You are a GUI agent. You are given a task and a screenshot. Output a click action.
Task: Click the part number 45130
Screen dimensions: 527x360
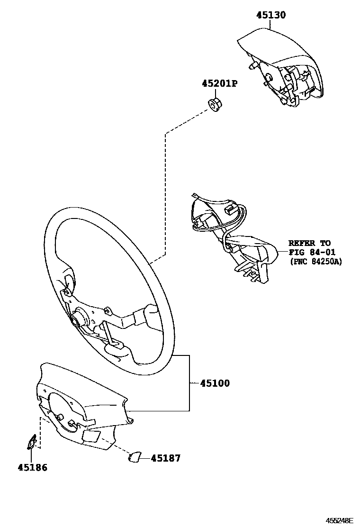point(271,15)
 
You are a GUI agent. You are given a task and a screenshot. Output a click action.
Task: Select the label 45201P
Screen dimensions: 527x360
point(219,83)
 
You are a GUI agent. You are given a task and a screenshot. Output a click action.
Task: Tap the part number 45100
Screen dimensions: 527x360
point(215,383)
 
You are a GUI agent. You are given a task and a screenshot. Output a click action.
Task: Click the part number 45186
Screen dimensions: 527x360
point(33,467)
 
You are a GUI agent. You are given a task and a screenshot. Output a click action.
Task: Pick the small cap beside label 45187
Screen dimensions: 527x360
point(134,457)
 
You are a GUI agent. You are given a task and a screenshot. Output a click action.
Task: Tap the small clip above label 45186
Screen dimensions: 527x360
point(32,442)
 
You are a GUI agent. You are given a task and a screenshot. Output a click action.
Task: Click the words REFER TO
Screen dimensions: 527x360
point(309,243)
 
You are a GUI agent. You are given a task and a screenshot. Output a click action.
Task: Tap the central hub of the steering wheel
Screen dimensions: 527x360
point(77,318)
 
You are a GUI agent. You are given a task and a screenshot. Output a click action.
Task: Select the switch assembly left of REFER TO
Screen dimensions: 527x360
point(232,237)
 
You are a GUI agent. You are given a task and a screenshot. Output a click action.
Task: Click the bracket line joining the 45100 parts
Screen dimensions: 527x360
point(189,383)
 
